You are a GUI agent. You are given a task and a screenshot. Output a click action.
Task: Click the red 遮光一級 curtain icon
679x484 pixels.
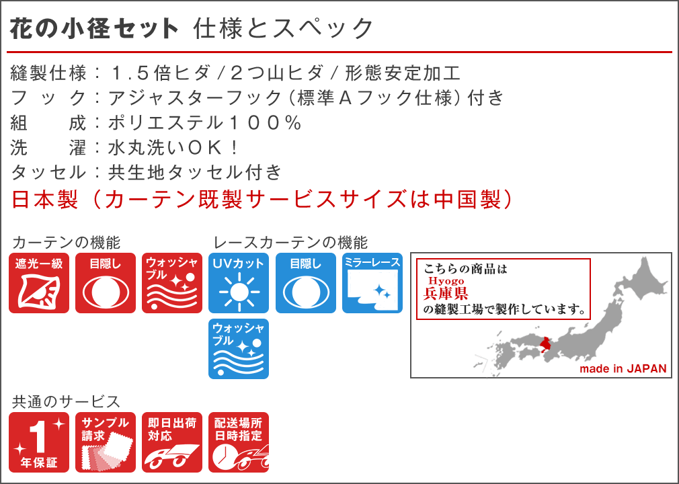tap(39, 283)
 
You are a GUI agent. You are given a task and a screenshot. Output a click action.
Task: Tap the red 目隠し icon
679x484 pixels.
tap(106, 283)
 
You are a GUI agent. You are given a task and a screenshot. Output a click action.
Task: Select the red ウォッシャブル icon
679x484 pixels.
tap(172, 283)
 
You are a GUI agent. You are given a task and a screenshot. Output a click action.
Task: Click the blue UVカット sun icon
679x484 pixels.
tap(239, 283)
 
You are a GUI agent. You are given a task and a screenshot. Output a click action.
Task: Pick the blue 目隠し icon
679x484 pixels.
tap(306, 283)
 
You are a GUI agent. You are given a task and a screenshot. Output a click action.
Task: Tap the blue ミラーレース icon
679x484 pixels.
tap(372, 283)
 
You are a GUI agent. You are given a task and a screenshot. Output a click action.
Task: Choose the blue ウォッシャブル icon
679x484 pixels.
tap(239, 349)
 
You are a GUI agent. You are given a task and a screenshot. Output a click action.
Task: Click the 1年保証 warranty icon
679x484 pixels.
tap(39, 442)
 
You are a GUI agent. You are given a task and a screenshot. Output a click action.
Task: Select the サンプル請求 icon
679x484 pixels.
tap(106, 442)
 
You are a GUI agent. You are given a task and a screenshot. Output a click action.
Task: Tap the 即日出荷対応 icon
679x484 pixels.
tap(172, 442)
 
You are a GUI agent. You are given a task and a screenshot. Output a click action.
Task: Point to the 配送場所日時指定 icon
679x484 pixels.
tap(239, 442)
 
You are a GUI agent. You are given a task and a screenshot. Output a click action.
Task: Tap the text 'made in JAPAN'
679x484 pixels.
tap(623, 369)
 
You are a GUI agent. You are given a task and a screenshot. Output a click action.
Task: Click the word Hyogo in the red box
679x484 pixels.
tap(446, 281)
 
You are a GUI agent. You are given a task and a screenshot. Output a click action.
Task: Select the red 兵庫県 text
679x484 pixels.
tap(446, 294)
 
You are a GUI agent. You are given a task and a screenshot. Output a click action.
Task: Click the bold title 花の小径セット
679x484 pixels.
tap(93, 29)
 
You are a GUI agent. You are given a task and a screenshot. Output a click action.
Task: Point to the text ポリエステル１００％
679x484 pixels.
tap(204, 123)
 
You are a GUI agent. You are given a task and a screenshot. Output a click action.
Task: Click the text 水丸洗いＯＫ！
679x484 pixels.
tap(173, 148)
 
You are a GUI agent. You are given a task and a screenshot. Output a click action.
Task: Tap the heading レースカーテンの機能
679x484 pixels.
tap(290, 243)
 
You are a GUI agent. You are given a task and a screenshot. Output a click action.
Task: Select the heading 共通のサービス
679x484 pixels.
tap(66, 402)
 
